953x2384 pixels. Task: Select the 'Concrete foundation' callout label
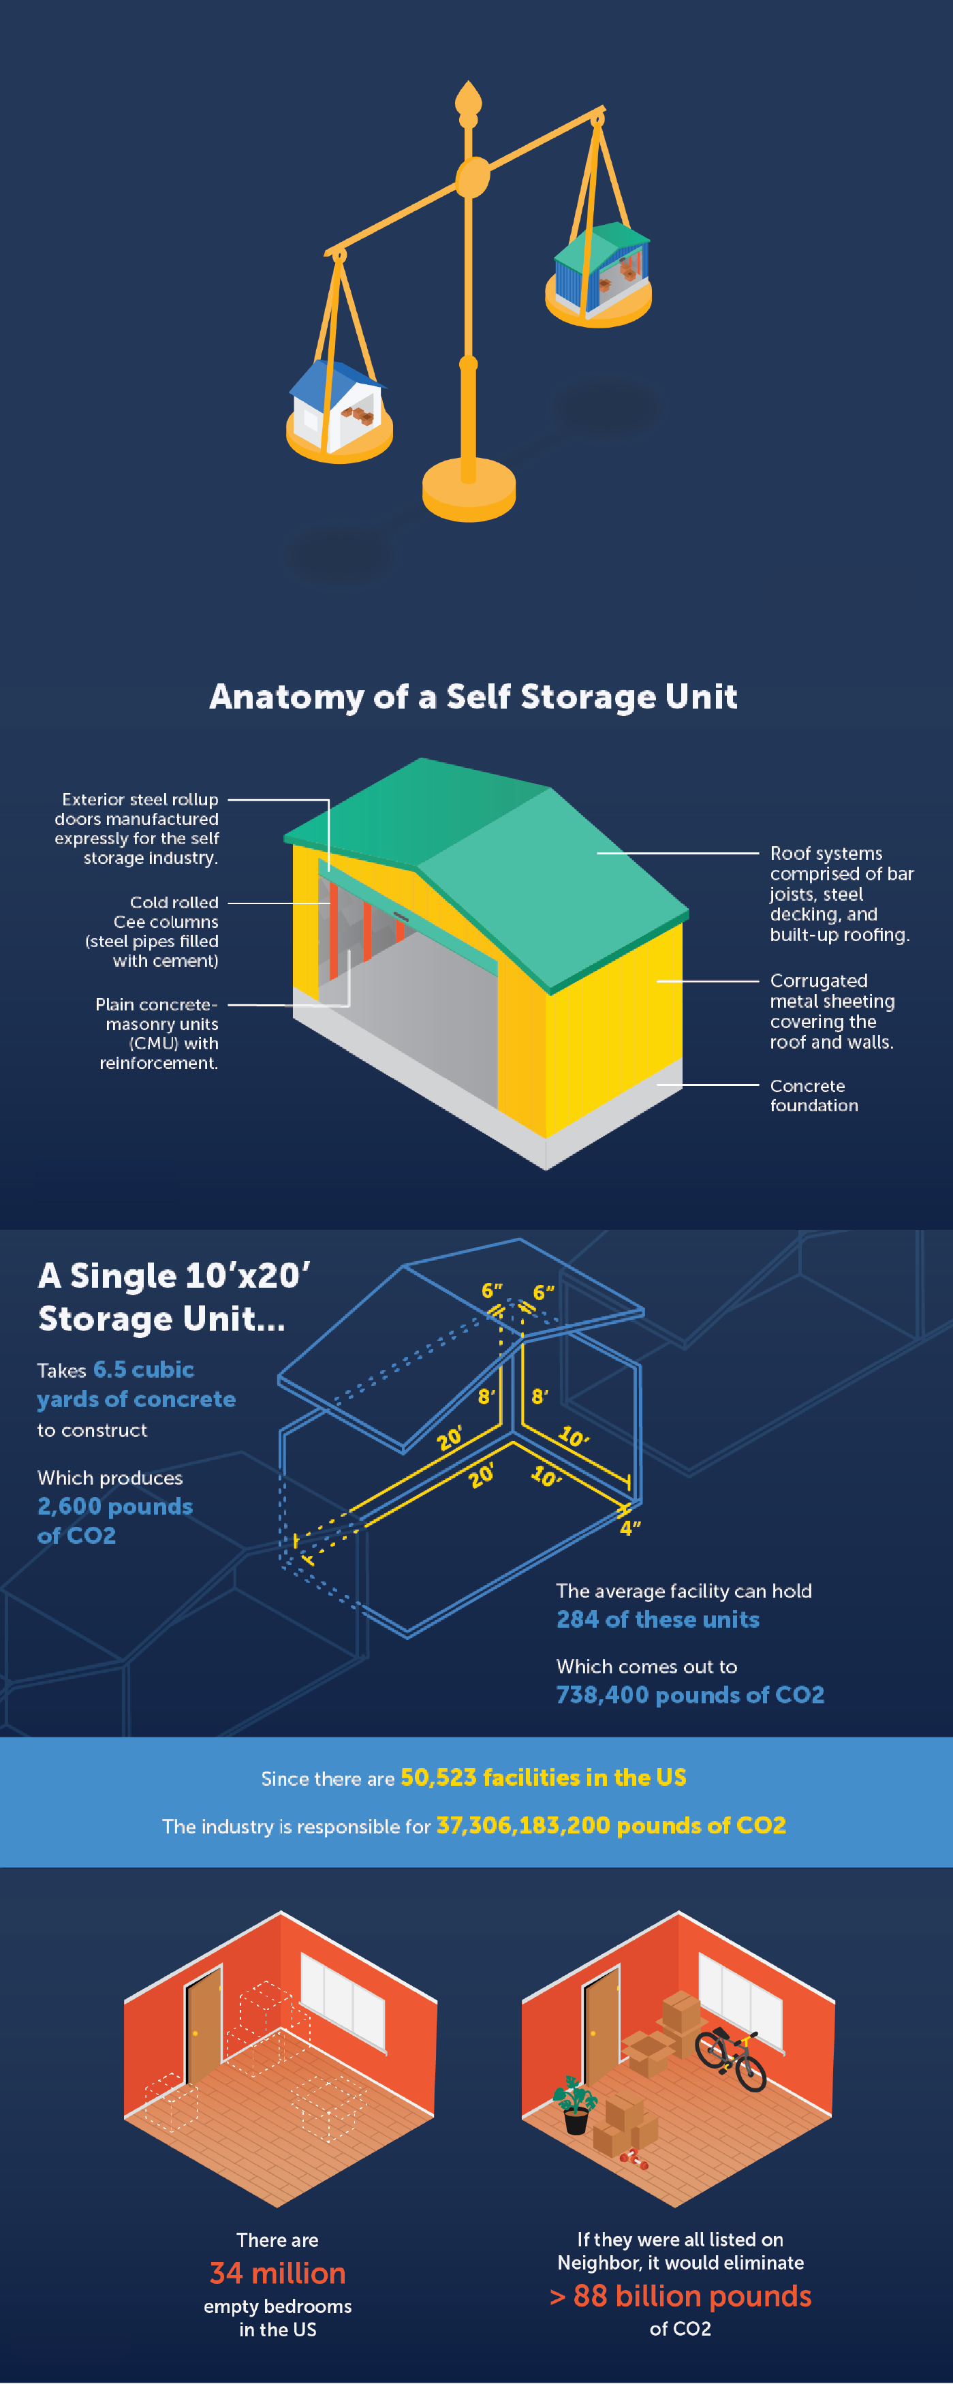point(813,1095)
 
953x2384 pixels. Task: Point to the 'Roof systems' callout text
point(840,893)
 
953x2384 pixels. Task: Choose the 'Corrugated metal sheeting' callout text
point(832,1010)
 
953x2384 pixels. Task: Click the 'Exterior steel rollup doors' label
point(137,829)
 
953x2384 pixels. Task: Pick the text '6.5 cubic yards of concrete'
point(136,1384)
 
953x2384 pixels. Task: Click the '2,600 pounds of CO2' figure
point(114,1521)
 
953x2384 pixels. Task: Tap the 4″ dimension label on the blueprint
point(630,1529)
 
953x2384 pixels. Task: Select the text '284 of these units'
point(658,1620)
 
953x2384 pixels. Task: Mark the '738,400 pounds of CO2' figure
point(689,1694)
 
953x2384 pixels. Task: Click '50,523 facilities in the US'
point(543,1778)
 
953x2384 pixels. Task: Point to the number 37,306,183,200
point(522,1826)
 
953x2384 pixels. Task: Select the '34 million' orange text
point(277,2273)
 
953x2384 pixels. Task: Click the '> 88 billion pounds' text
point(680,2296)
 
